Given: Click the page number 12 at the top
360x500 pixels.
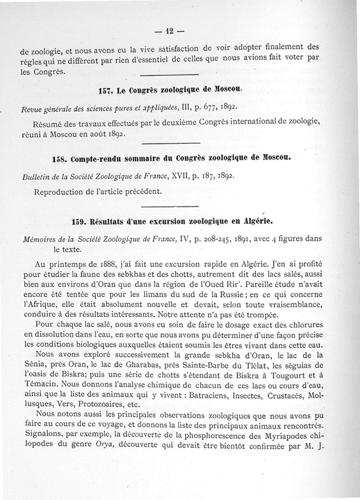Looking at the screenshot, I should coord(169,32).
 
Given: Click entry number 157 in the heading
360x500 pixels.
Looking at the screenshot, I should coord(105,91).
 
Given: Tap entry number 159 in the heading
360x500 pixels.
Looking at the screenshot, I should coord(80,223).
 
